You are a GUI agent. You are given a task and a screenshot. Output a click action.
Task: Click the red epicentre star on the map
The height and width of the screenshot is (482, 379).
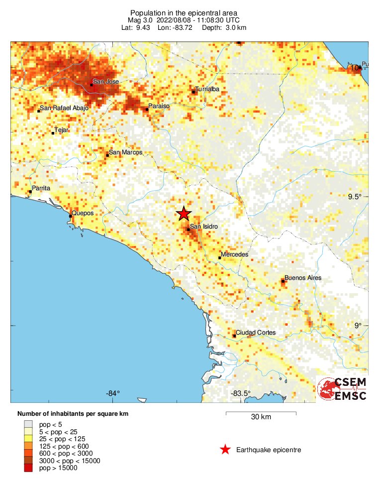pyautogui.click(x=184, y=214)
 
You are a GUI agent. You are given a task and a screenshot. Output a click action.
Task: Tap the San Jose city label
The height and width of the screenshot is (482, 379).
pyautogui.click(x=105, y=82)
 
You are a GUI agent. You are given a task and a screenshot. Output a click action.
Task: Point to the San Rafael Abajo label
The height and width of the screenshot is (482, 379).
pyautogui.click(x=64, y=109)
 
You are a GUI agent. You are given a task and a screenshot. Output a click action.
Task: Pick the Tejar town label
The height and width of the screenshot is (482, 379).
pyautogui.click(x=62, y=130)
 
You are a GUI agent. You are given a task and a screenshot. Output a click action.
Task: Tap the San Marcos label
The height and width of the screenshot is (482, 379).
pyautogui.click(x=126, y=152)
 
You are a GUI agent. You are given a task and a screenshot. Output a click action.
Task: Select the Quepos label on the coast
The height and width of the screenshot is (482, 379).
pyautogui.click(x=83, y=213)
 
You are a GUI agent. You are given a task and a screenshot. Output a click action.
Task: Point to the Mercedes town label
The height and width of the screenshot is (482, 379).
pyautogui.click(x=234, y=254)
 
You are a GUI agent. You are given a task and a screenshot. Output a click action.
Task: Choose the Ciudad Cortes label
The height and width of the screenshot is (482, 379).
pyautogui.click(x=256, y=333)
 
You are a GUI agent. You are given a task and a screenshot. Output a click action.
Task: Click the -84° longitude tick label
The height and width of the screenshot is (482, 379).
pyautogui.click(x=113, y=393)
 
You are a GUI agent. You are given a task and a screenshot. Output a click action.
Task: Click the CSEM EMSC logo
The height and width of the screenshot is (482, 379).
pyautogui.click(x=342, y=389)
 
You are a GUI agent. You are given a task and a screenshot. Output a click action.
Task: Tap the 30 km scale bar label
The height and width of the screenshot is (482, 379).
pyautogui.click(x=261, y=417)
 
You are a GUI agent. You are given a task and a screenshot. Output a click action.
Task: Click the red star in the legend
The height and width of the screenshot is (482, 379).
pyautogui.click(x=225, y=450)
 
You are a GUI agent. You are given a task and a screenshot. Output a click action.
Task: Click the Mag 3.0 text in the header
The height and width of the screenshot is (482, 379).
pyautogui.click(x=141, y=20)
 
